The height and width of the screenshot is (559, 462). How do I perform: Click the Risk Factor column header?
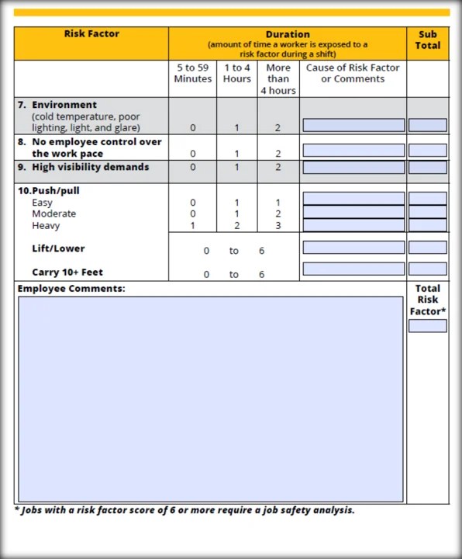tap(91, 34)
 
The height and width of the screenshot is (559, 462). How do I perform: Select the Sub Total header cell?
tap(427, 40)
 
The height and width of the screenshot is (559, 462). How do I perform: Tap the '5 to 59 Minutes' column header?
tap(192, 73)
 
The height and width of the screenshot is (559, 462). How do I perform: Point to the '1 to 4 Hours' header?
tap(236, 73)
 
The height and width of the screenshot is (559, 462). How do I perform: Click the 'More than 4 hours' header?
tap(278, 78)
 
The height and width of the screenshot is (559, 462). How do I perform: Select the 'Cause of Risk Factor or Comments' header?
tap(353, 73)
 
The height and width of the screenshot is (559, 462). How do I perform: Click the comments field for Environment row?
tap(353, 125)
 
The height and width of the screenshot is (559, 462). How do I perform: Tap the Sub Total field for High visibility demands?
tap(427, 167)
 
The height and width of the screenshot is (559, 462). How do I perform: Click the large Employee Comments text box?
tap(210, 399)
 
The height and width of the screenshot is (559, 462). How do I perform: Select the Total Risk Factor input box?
tap(427, 326)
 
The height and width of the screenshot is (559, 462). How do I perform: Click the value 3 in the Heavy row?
tap(278, 226)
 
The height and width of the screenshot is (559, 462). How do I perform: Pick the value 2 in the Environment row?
tap(278, 128)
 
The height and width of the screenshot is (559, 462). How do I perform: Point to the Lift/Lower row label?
tap(58, 248)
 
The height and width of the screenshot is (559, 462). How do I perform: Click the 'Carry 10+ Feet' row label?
tap(67, 273)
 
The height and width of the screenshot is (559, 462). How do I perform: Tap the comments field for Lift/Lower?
tap(353, 248)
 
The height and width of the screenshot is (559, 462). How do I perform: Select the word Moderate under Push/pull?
tap(53, 214)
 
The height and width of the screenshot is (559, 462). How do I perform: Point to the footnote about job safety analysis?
tap(184, 510)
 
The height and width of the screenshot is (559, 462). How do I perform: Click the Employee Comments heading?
tap(71, 289)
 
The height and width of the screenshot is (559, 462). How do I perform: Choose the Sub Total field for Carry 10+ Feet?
tap(427, 269)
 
